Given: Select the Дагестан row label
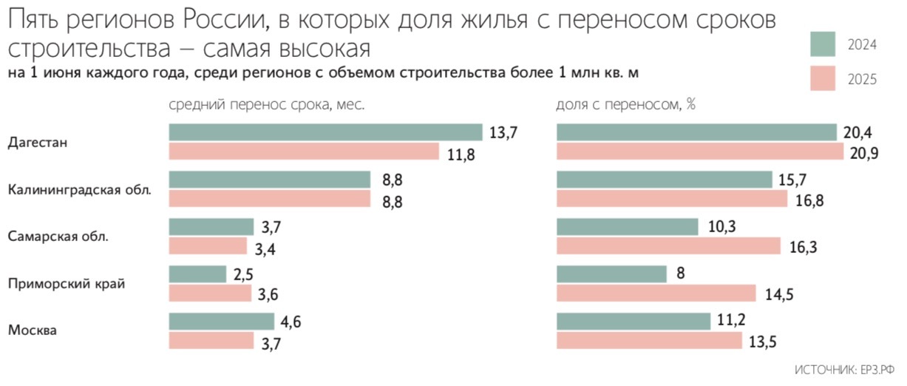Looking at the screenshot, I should click(38, 143).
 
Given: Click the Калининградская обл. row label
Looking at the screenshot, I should click(80, 190).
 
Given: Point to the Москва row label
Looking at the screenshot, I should click(33, 331).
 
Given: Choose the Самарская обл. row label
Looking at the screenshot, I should click(58, 237).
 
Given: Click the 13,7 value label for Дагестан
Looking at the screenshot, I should click(502, 133).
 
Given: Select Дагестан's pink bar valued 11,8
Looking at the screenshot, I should click(305, 152).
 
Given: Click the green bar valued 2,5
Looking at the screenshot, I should click(197, 274).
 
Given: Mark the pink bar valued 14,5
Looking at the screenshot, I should click(656, 294).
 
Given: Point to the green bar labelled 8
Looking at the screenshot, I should click(611, 274).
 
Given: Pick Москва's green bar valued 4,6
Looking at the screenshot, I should click(221, 321).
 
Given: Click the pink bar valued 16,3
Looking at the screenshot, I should click(668, 246).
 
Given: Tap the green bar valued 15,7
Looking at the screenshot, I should click(665, 180).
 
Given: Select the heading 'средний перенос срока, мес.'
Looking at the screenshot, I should click(267, 105).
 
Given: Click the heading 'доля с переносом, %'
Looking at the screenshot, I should click(625, 105).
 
